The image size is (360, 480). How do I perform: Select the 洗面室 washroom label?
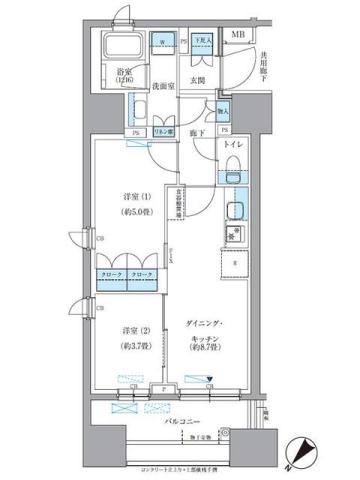[164, 86]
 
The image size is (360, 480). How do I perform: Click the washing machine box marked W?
[163, 45]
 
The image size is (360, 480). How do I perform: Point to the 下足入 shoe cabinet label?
[202, 41]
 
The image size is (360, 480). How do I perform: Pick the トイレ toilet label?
[232, 146]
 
